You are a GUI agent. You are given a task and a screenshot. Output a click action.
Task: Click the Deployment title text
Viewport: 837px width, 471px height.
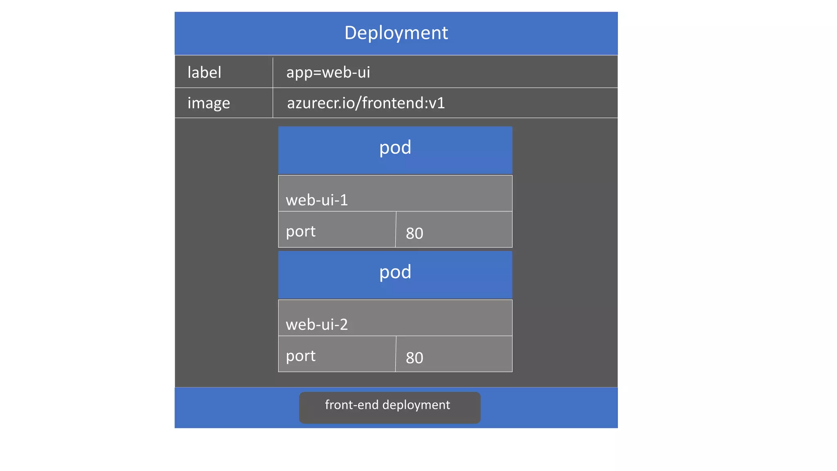(396, 33)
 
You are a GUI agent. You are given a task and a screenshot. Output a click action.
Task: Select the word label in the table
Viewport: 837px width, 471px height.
(204, 72)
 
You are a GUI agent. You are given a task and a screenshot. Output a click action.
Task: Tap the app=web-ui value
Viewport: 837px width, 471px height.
(328, 72)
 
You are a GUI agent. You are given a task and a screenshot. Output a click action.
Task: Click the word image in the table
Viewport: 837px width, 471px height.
(208, 103)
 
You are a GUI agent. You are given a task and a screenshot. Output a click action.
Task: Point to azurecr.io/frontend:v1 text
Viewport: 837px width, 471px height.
(366, 103)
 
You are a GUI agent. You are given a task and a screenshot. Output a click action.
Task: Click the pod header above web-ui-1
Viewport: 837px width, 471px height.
(395, 148)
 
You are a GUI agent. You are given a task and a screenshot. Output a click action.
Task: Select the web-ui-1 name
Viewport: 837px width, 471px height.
(317, 200)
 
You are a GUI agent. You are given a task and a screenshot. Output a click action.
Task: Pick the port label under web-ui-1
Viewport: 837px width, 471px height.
(300, 231)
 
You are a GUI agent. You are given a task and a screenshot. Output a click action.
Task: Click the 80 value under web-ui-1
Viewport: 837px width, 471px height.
(414, 233)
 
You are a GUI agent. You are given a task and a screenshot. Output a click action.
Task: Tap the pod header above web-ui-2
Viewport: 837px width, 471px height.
(395, 272)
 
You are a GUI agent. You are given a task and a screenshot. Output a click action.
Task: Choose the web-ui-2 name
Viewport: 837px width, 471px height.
(317, 325)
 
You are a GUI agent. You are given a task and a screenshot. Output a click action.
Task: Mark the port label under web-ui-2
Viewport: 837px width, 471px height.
(300, 356)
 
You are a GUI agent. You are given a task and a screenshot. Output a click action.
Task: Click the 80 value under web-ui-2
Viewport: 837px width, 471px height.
(414, 358)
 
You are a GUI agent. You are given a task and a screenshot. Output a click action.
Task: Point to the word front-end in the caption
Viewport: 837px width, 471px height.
(351, 405)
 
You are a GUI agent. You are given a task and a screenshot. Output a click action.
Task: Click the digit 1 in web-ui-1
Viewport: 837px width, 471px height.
(344, 200)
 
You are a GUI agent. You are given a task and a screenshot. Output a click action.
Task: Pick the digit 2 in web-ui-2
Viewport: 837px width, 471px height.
(344, 325)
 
